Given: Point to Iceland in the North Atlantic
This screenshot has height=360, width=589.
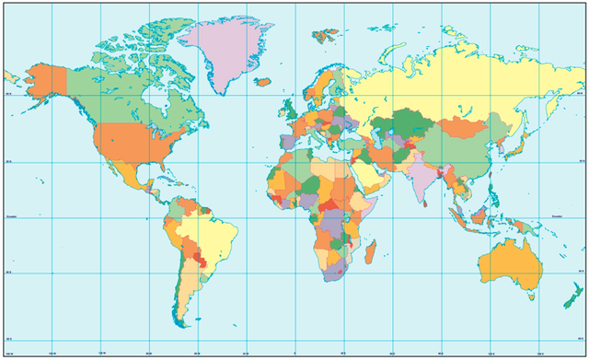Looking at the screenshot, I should (261, 81).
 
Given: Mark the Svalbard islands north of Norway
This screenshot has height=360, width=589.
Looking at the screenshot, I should (325, 36).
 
